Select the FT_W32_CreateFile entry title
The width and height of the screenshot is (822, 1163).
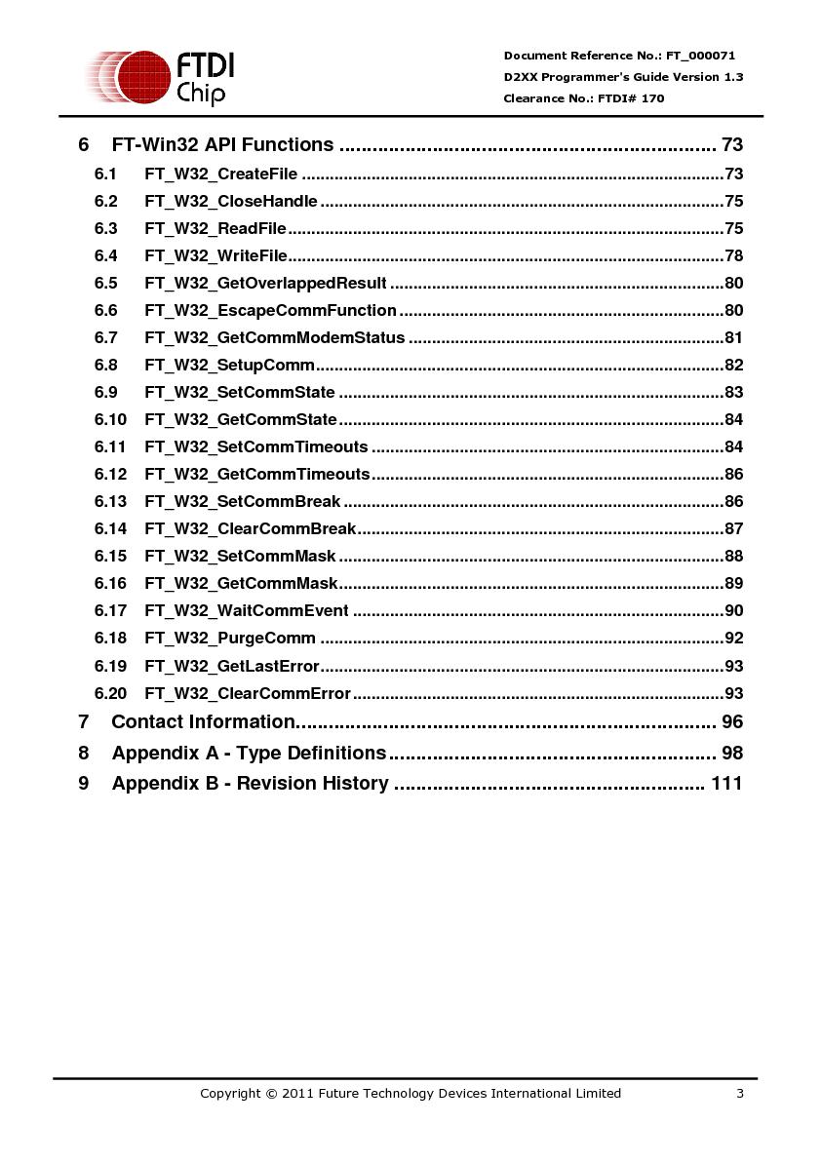tap(221, 174)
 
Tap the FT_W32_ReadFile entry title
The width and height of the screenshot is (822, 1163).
tap(215, 229)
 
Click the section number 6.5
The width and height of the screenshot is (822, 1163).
tap(106, 284)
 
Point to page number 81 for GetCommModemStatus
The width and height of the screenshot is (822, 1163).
tap(733, 338)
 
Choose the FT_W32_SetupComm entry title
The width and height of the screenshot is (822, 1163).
tap(230, 366)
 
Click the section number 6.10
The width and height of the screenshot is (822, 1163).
tap(110, 420)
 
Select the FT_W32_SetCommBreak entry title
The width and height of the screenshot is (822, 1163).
tap(243, 502)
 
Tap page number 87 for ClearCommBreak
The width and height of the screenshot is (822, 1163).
tap(733, 529)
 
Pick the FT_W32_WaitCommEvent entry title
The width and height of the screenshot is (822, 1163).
tap(247, 611)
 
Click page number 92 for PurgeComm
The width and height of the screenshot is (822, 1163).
tap(733, 639)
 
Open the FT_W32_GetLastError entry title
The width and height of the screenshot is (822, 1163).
tap(232, 666)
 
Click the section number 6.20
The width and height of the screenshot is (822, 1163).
tap(110, 693)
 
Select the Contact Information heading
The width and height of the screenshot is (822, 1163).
tap(203, 722)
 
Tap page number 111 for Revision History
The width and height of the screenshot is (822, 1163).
tap(726, 784)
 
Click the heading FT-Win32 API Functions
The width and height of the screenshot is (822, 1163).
tap(222, 145)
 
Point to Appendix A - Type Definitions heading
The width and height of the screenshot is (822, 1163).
tap(249, 754)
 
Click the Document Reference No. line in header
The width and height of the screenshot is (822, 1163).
tap(619, 56)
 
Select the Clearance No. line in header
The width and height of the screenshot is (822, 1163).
tap(584, 98)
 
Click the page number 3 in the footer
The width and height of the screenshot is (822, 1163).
tap(740, 1094)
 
